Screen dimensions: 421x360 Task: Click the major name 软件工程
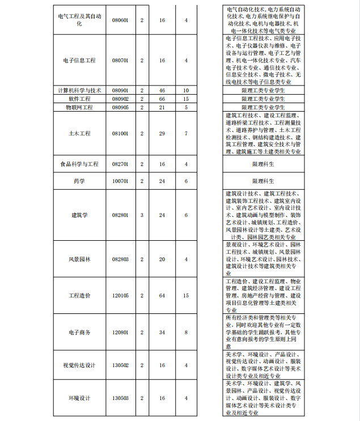pos(79,99)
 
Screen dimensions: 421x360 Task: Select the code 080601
pos(120,20)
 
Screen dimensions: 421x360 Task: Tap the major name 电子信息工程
pos(79,60)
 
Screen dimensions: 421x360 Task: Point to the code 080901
pos(120,90)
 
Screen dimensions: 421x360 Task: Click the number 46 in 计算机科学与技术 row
pos(162,90)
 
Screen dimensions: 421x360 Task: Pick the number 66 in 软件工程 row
pos(162,99)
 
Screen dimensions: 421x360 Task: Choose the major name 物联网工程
pos(79,107)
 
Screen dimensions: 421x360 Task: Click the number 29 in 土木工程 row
pos(162,134)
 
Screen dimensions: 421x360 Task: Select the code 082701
pos(120,164)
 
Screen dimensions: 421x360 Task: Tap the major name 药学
pos(79,181)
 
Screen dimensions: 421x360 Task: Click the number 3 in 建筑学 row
pos(142,215)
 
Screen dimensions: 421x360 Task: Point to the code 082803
pos(120,259)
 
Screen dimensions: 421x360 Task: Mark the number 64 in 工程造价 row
pos(162,296)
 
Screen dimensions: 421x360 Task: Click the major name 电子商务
pos(79,333)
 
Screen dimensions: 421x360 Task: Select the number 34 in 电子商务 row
pos(162,333)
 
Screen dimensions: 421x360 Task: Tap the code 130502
pos(120,365)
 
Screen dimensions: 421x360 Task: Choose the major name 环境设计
pos(79,398)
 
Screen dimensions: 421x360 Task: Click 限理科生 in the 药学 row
pos(263,181)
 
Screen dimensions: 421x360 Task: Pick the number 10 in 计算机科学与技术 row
pos(186,90)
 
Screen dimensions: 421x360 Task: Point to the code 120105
pos(120,296)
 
